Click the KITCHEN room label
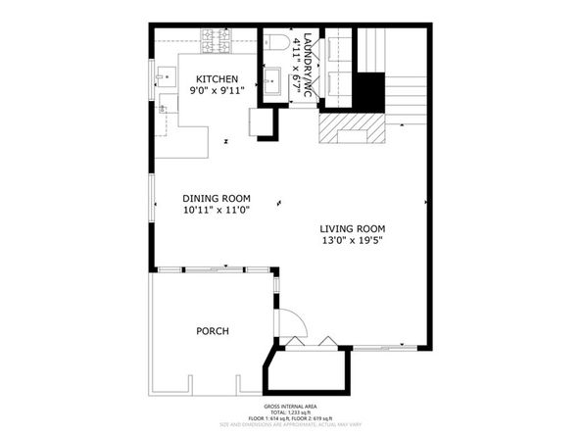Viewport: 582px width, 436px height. pyautogui.click(x=217, y=78)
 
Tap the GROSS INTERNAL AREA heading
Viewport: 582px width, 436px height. pyautogui.click(x=290, y=405)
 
